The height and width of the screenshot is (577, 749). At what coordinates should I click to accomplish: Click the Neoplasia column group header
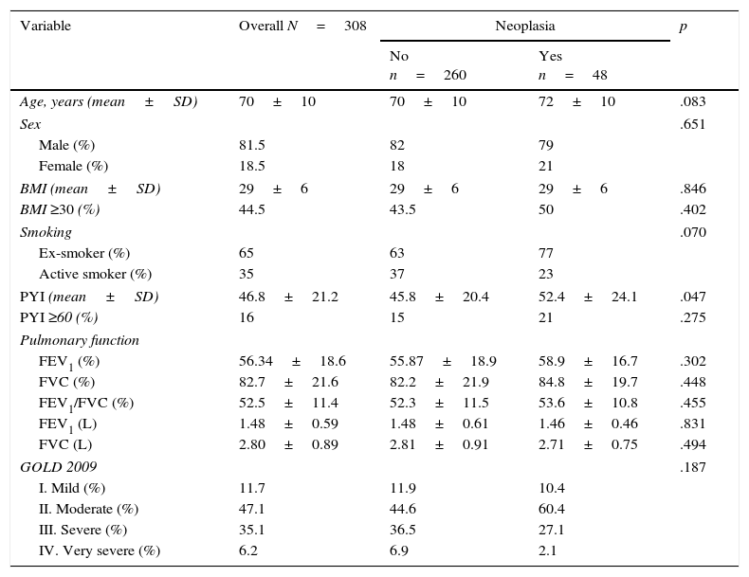524,27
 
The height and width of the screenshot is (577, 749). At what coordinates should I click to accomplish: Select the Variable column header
46,27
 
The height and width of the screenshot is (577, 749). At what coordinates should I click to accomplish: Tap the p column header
684,27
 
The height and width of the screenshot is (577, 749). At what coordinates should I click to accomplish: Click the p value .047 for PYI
693,297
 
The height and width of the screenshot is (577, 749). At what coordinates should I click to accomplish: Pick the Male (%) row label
66,145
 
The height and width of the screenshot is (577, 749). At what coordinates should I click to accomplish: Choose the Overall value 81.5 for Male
251,145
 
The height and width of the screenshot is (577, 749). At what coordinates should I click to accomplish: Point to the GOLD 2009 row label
59,467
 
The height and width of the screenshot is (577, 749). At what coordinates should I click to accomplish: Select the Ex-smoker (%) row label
84,253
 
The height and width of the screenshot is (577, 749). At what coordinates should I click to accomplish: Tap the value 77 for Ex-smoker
545,253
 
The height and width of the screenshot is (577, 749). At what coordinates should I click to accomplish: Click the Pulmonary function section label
80,340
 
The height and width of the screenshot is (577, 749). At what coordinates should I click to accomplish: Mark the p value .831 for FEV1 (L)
693,424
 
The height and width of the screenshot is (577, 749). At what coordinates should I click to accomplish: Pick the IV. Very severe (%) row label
100,550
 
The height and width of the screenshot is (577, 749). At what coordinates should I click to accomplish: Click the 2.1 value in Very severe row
548,550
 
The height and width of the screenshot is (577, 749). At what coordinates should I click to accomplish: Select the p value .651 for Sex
693,124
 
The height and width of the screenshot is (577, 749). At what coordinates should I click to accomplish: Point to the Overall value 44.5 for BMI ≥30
251,209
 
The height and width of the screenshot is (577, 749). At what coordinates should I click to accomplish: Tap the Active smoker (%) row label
95,274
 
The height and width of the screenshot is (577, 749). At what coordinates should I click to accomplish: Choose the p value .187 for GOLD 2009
693,467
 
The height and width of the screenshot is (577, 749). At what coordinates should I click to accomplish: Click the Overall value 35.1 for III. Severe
251,530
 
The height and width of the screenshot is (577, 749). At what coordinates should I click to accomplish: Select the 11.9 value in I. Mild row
402,488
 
